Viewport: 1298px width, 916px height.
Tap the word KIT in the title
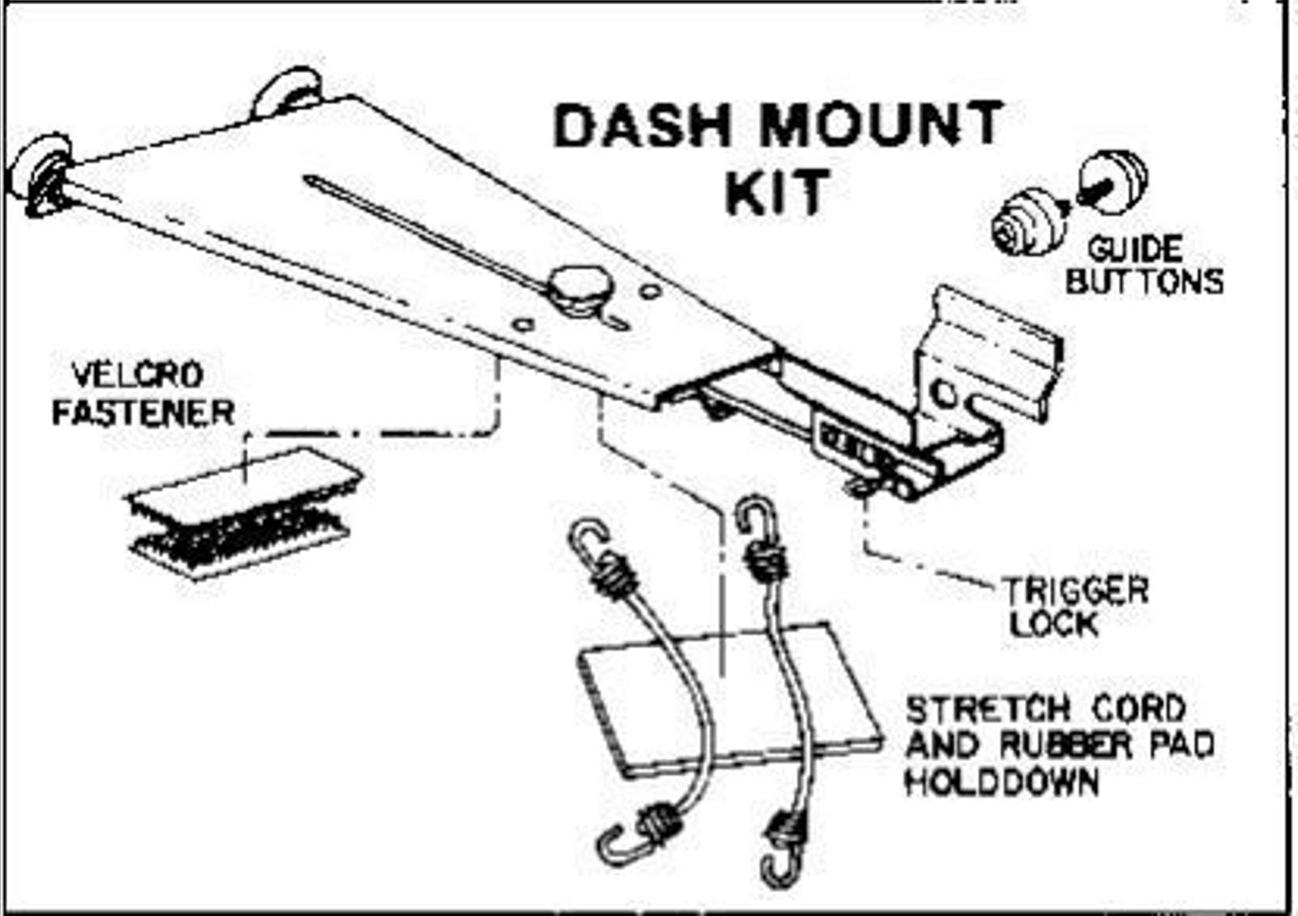click(x=777, y=191)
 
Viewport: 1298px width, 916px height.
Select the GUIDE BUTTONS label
click(x=1144, y=265)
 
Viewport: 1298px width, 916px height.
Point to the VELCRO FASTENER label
click(x=143, y=394)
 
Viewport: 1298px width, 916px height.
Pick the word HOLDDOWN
click(x=1002, y=783)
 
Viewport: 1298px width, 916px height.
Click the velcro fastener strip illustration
click(x=243, y=513)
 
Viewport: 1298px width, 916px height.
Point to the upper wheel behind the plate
click(x=286, y=92)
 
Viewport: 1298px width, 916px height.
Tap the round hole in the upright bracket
click(x=944, y=395)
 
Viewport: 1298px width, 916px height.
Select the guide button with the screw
click(x=1112, y=183)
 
